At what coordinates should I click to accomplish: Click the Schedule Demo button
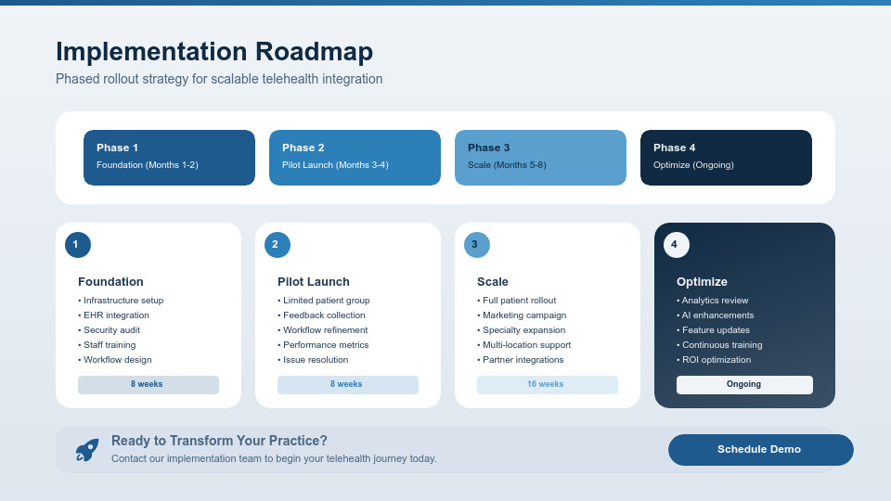760,450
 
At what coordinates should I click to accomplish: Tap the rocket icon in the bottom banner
87,450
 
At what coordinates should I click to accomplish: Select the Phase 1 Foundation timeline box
169,158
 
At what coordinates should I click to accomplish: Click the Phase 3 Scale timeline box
540,158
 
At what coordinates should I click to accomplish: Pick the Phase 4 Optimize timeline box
726,158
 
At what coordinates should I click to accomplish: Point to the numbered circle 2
277,245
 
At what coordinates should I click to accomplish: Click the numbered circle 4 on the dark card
676,245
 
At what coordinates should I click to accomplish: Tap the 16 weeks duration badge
547,385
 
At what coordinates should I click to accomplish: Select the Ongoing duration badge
744,385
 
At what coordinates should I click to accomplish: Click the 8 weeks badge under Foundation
148,385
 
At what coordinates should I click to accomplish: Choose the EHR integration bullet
116,315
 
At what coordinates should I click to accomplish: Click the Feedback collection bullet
324,315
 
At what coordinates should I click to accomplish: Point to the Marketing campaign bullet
524,315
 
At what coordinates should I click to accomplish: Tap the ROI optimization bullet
717,360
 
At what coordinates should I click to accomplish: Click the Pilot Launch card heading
314,282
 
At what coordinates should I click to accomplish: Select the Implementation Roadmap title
214,52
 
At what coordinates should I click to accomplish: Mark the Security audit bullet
111,330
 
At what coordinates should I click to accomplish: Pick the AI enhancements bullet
717,315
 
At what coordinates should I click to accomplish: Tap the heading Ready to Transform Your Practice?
219,441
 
